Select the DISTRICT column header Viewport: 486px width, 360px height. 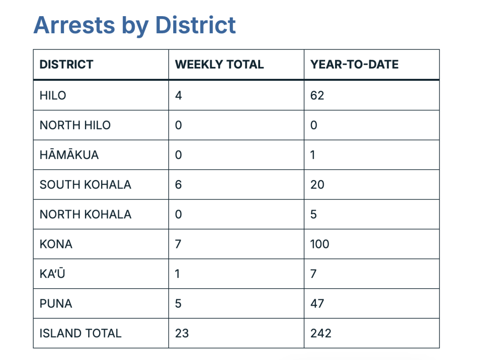[66, 65]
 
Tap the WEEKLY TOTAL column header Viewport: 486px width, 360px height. [219, 65]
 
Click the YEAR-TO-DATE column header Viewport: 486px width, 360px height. [355, 65]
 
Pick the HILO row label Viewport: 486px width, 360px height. [53, 95]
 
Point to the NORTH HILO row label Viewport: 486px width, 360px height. [75, 125]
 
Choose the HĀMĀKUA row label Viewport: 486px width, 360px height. [69, 155]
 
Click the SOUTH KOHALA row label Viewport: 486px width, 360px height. [85, 185]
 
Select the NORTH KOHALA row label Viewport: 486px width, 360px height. [85, 214]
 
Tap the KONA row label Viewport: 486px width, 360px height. [56, 244]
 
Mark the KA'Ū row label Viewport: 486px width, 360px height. [52, 274]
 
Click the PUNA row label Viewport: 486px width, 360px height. [56, 303]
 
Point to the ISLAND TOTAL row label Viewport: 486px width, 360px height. [81, 333]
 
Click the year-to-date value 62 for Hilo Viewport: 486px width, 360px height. [317, 95]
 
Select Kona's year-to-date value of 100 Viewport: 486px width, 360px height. [320, 244]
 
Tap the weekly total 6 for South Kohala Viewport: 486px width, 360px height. [178, 185]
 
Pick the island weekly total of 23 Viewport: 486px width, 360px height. [182, 333]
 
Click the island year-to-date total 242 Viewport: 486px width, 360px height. [321, 333]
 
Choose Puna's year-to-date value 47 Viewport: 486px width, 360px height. [317, 303]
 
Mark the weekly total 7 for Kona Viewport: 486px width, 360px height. [178, 244]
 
